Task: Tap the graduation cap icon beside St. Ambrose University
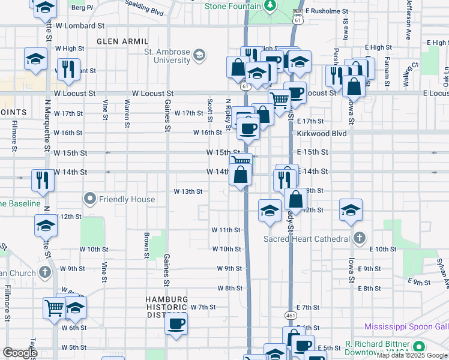tap(199, 56)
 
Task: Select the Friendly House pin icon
tap(90, 199)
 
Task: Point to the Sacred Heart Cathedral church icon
tap(359, 238)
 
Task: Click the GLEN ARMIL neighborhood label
tap(122, 41)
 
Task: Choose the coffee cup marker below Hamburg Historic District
tap(176, 325)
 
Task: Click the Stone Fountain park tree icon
tap(271, 6)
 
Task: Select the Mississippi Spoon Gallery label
tap(406, 327)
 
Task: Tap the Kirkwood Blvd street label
tap(322, 133)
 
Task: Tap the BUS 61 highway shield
tap(297, 16)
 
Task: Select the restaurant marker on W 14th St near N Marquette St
tap(42, 179)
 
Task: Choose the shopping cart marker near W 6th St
tap(54, 308)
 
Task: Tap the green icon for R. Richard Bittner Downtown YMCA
tap(418, 347)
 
